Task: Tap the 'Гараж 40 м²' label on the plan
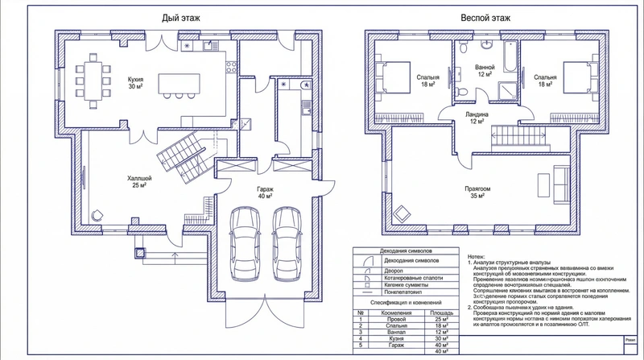(x=264, y=191)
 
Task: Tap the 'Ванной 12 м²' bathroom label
(x=485, y=70)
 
